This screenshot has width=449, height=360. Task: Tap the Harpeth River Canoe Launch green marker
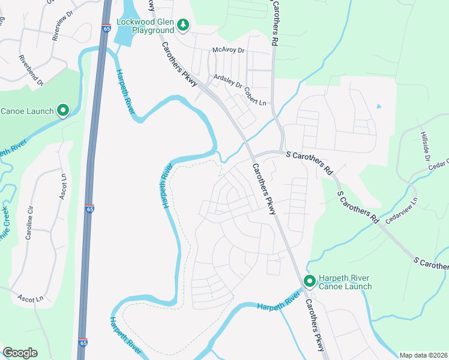[x=310, y=281]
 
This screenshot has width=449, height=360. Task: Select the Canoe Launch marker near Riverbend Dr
[x=62, y=110]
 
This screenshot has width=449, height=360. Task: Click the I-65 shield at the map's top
[x=107, y=28]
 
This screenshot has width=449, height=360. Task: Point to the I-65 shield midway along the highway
[x=89, y=209]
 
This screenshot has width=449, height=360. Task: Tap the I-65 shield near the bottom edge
[x=82, y=342]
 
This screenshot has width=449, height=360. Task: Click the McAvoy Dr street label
[x=229, y=50]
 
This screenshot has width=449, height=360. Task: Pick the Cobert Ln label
[x=255, y=97]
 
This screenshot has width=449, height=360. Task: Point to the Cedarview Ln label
[x=400, y=208]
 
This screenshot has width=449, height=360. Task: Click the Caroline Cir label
[x=29, y=222]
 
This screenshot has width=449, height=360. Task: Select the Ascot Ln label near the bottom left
[x=31, y=298]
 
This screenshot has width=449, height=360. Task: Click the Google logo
[x=20, y=353]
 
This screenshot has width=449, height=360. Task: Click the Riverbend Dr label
[x=31, y=71]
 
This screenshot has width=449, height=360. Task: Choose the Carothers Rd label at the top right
[x=274, y=23]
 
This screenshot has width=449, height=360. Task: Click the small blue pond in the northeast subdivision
[x=378, y=107]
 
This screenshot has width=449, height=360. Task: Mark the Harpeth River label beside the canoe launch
[x=278, y=302]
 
